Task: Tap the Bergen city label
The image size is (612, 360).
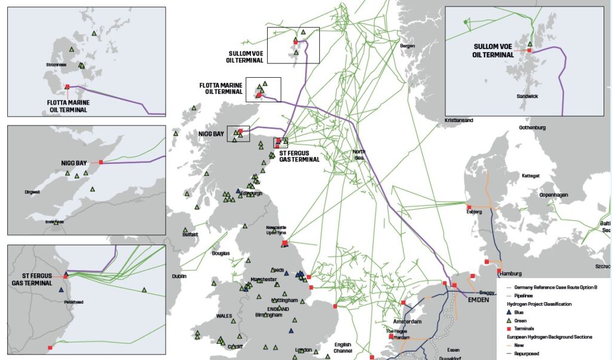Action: [407, 46]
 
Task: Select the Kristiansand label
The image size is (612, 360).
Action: [458, 120]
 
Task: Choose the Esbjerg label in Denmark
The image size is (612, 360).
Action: [473, 212]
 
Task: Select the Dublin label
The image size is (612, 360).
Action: [179, 276]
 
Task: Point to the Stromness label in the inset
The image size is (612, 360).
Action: [56, 64]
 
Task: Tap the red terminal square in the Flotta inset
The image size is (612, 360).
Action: [68, 87]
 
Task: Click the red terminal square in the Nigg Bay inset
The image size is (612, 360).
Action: [101, 162]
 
